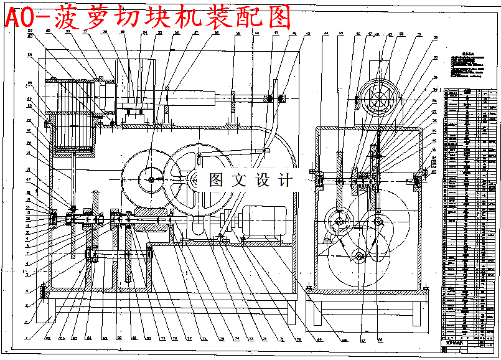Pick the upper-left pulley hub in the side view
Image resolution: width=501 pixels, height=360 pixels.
coord(339,221)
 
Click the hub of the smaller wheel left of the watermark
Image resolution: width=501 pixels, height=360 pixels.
coord(151,179)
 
